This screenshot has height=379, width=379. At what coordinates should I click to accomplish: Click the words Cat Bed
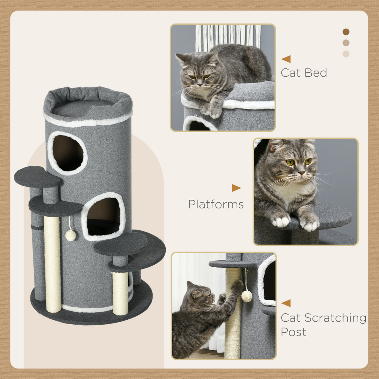(x=304, y=73)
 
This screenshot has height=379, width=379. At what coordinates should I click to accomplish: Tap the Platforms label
(x=216, y=204)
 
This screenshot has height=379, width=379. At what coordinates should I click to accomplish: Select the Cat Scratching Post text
(x=323, y=325)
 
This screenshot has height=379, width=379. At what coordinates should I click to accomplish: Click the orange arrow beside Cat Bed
(x=286, y=59)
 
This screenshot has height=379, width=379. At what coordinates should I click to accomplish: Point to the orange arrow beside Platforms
(x=236, y=188)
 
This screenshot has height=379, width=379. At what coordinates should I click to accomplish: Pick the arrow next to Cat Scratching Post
(x=286, y=303)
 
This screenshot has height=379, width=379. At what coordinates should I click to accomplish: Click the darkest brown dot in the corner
(x=346, y=32)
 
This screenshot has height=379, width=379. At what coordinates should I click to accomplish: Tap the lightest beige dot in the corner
(x=346, y=54)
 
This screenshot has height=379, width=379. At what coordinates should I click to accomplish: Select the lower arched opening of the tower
(x=104, y=217)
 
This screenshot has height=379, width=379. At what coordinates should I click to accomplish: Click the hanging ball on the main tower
(x=71, y=235)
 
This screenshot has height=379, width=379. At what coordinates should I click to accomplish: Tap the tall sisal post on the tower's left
(x=52, y=263)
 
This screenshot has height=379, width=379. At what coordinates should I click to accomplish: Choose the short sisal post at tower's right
(x=120, y=293)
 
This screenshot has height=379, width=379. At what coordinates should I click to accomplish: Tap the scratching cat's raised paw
(x=238, y=285)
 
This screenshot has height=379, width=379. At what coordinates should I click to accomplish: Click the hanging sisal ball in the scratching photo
(x=247, y=297)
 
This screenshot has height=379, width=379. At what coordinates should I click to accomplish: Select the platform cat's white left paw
(x=281, y=221)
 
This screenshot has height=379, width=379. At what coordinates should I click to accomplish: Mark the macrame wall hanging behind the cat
(x=228, y=35)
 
